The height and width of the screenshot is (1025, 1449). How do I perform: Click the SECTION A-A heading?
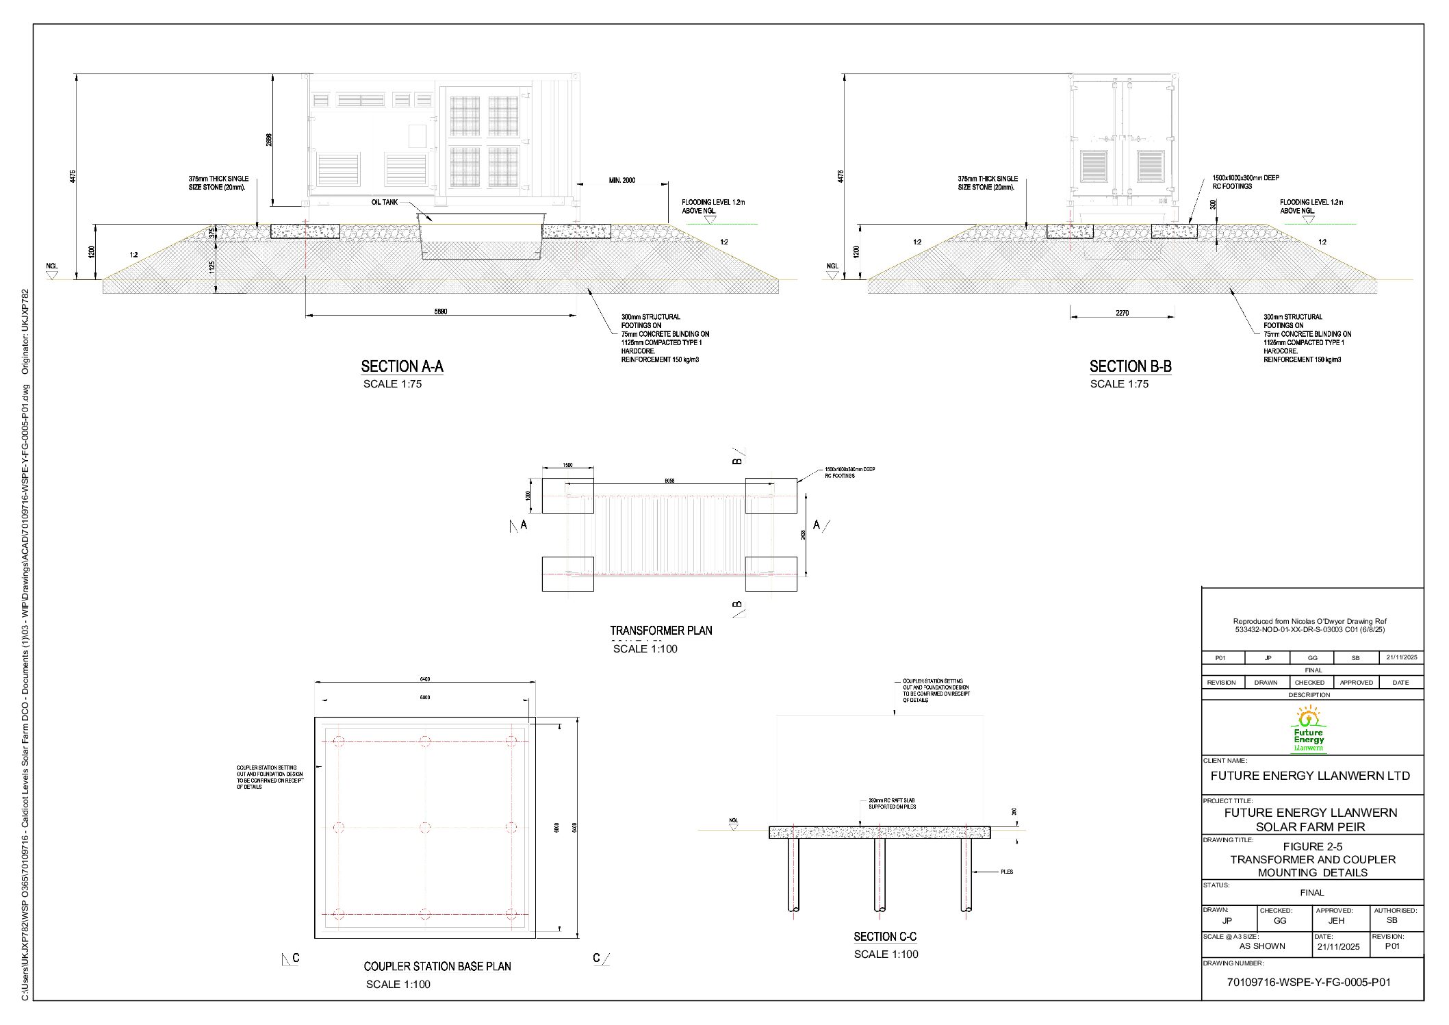pyautogui.click(x=402, y=367)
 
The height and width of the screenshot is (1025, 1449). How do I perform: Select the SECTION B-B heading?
pyautogui.click(x=1130, y=367)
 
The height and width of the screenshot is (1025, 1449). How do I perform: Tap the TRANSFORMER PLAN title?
pyautogui.click(x=661, y=631)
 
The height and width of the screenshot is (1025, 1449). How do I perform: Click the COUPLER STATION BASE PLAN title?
pyautogui.click(x=437, y=966)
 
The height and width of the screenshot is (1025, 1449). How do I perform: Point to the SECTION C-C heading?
pyautogui.click(x=884, y=937)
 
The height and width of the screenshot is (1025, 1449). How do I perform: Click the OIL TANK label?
pyautogui.click(x=384, y=203)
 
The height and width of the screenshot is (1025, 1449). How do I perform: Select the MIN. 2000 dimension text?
pyautogui.click(x=621, y=181)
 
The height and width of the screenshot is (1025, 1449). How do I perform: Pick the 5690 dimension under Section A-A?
pyautogui.click(x=441, y=312)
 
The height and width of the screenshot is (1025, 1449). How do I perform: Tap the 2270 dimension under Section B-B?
pyautogui.click(x=1122, y=313)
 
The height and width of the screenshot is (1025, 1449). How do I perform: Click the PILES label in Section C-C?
pyautogui.click(x=1006, y=872)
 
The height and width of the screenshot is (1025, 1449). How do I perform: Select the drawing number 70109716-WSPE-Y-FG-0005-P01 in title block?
pyautogui.click(x=1308, y=982)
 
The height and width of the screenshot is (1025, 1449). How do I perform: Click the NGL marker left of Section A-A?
pyautogui.click(x=52, y=270)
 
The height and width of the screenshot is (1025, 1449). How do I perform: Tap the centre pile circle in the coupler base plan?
pyautogui.click(x=425, y=827)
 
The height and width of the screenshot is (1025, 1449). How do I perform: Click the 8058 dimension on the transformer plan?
pyautogui.click(x=669, y=481)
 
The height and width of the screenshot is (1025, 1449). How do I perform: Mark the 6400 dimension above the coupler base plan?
pyautogui.click(x=424, y=679)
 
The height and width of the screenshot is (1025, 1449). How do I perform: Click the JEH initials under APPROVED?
pyautogui.click(x=1336, y=921)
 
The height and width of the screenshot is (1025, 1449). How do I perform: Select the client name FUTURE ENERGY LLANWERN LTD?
pyautogui.click(x=1310, y=776)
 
